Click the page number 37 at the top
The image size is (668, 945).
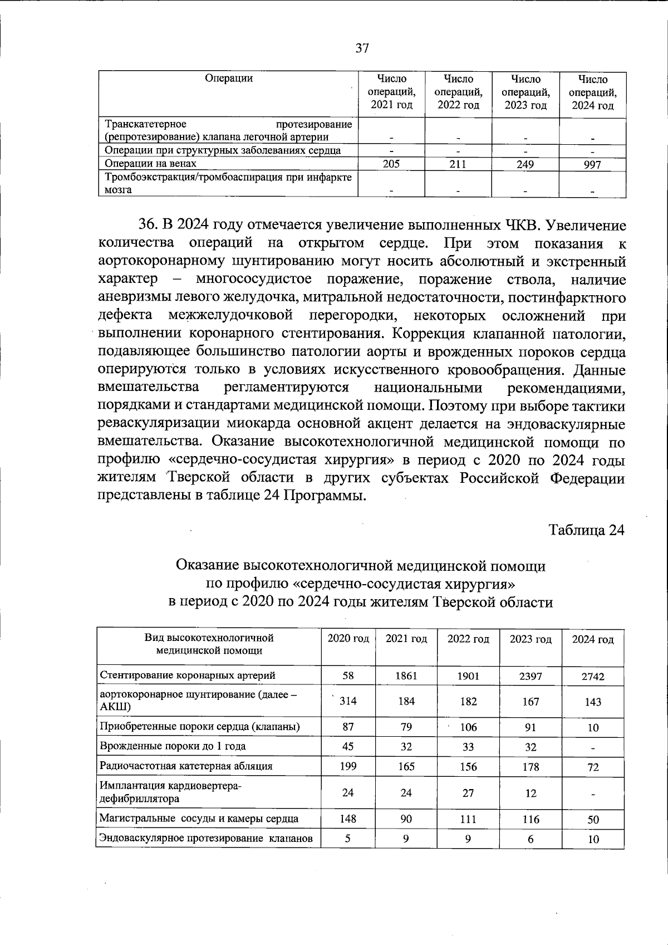[362, 48]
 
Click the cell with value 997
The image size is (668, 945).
[592, 164]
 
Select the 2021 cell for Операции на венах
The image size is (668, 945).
[391, 164]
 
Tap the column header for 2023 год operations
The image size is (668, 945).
[525, 92]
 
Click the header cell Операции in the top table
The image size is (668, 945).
[228, 79]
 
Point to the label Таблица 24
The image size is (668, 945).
[587, 530]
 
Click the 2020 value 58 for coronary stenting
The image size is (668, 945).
[348, 675]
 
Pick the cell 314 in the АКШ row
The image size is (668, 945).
[348, 701]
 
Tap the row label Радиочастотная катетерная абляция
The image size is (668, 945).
[186, 766]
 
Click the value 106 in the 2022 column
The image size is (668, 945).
[468, 727]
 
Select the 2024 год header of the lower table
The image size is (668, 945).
[592, 640]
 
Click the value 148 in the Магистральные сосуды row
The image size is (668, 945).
[348, 819]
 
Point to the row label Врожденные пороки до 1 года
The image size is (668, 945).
[173, 746]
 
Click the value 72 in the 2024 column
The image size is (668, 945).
[593, 767]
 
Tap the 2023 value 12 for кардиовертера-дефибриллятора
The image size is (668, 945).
[531, 792]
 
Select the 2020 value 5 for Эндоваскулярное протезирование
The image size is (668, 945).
[348, 838]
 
